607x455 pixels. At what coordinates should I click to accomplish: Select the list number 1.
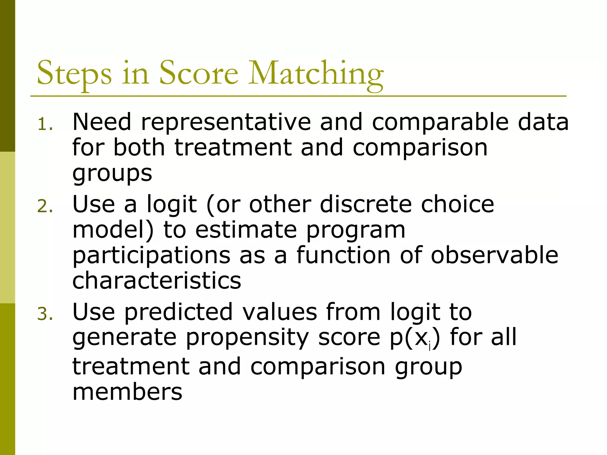tap(45, 124)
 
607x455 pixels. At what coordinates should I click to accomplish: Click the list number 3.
tap(45, 314)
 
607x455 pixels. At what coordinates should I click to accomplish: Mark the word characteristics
tap(156, 281)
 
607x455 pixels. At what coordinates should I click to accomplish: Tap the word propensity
tap(247, 338)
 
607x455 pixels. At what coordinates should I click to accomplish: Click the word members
tap(127, 392)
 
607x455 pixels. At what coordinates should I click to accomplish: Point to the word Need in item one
tap(102, 122)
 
